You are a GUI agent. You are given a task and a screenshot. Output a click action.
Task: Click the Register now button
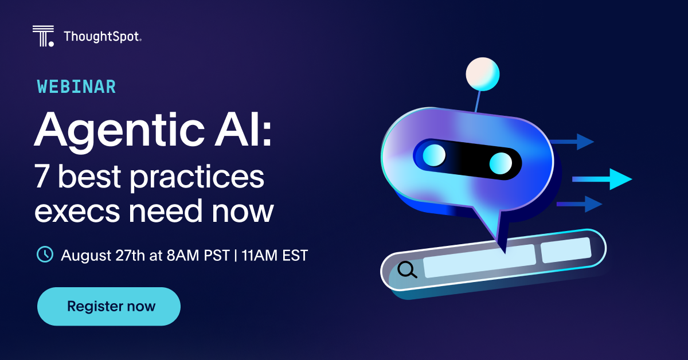click(x=109, y=306)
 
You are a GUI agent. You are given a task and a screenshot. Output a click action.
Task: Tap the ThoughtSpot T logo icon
click(x=44, y=36)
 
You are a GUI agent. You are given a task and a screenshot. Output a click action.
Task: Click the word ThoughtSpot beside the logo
click(x=102, y=37)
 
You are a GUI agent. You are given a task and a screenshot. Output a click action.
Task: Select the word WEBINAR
click(x=76, y=87)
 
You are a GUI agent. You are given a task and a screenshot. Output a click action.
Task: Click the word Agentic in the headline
click(x=119, y=131)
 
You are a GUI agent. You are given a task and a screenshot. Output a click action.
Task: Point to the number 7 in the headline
click(x=42, y=176)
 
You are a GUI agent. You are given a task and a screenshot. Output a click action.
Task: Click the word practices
click(x=197, y=178)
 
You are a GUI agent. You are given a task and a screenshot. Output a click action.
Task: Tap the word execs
click(x=77, y=212)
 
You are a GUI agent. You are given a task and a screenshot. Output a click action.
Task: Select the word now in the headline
click(x=243, y=212)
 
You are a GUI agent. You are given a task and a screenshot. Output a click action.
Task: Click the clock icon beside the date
click(x=45, y=255)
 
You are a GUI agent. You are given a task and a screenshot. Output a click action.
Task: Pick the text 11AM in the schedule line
click(x=259, y=256)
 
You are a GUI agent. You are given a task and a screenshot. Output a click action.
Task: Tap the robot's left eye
click(x=435, y=155)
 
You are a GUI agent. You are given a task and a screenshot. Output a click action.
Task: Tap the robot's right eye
click(x=501, y=163)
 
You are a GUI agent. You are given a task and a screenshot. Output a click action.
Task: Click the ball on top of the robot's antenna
click(x=483, y=74)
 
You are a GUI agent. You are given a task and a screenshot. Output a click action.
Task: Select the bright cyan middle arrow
click(x=602, y=179)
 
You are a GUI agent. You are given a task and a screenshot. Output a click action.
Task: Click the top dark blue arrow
click(x=572, y=142)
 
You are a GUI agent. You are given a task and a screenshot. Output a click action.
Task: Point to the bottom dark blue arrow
click(x=579, y=204)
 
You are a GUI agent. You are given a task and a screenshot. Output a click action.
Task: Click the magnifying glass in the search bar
click(x=407, y=269)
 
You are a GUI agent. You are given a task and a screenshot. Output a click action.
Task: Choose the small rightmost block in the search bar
click(x=566, y=250)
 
